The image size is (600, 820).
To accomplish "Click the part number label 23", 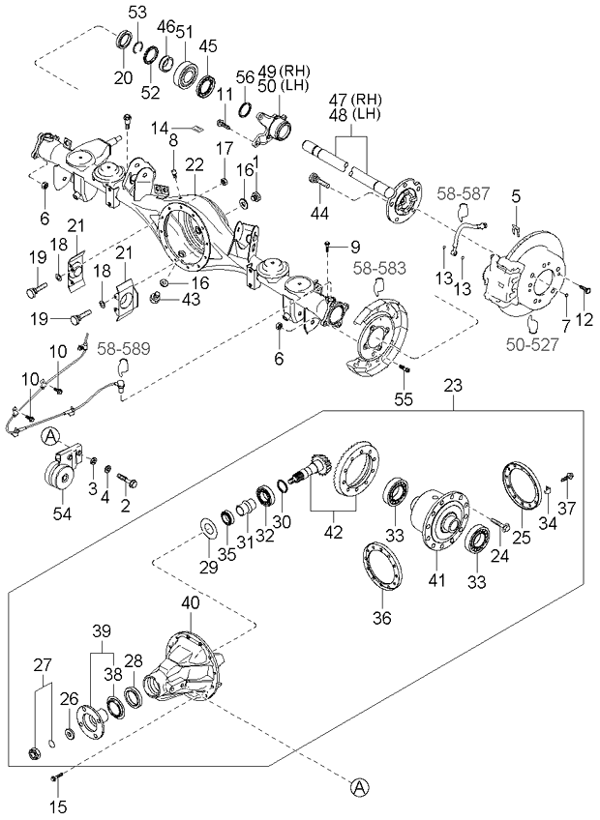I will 453,385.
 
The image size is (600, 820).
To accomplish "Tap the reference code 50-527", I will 534,340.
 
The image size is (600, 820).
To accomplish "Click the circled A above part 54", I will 50,437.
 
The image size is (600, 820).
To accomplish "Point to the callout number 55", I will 403,398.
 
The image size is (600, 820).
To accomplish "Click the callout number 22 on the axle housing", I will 195,164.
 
